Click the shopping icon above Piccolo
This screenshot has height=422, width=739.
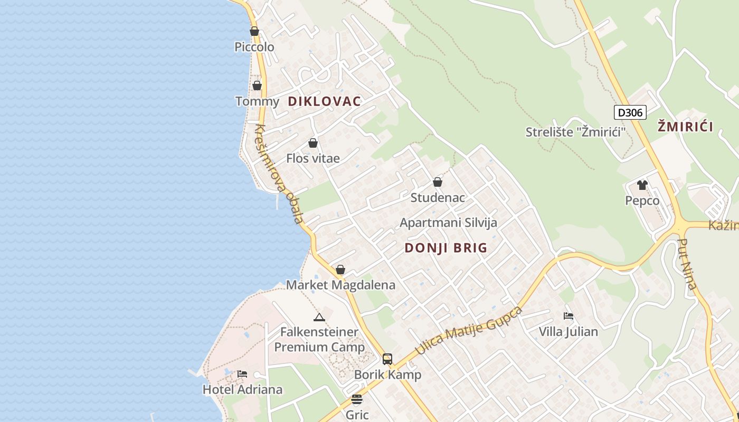pyautogui.click(x=254, y=31)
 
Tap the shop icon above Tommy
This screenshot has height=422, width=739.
pyautogui.click(x=257, y=85)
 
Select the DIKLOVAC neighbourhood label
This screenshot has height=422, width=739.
pyautogui.click(x=324, y=101)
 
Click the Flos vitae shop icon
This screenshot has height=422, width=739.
pyautogui.click(x=313, y=143)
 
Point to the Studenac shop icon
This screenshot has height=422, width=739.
pyautogui.click(x=438, y=182)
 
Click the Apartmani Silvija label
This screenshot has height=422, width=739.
pyautogui.click(x=448, y=223)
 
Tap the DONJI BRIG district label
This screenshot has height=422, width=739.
pyautogui.click(x=446, y=248)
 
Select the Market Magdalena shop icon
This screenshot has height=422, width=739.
pyautogui.click(x=340, y=270)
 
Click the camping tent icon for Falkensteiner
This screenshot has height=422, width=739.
pyautogui.click(x=319, y=317)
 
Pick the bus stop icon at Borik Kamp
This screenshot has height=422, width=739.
pyautogui.click(x=387, y=359)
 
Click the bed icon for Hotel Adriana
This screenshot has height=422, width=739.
pyautogui.click(x=242, y=374)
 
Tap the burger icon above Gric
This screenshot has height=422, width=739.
pyautogui.click(x=357, y=399)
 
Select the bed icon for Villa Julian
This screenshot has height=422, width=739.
pyautogui.click(x=569, y=316)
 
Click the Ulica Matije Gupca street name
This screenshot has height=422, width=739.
pyautogui.click(x=468, y=330)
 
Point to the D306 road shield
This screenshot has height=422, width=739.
pyautogui.click(x=630, y=112)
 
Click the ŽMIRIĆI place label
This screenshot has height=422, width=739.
pyautogui.click(x=686, y=127)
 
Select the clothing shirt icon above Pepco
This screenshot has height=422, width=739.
pyautogui.click(x=642, y=185)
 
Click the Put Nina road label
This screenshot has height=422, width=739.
pyautogui.click(x=687, y=264)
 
